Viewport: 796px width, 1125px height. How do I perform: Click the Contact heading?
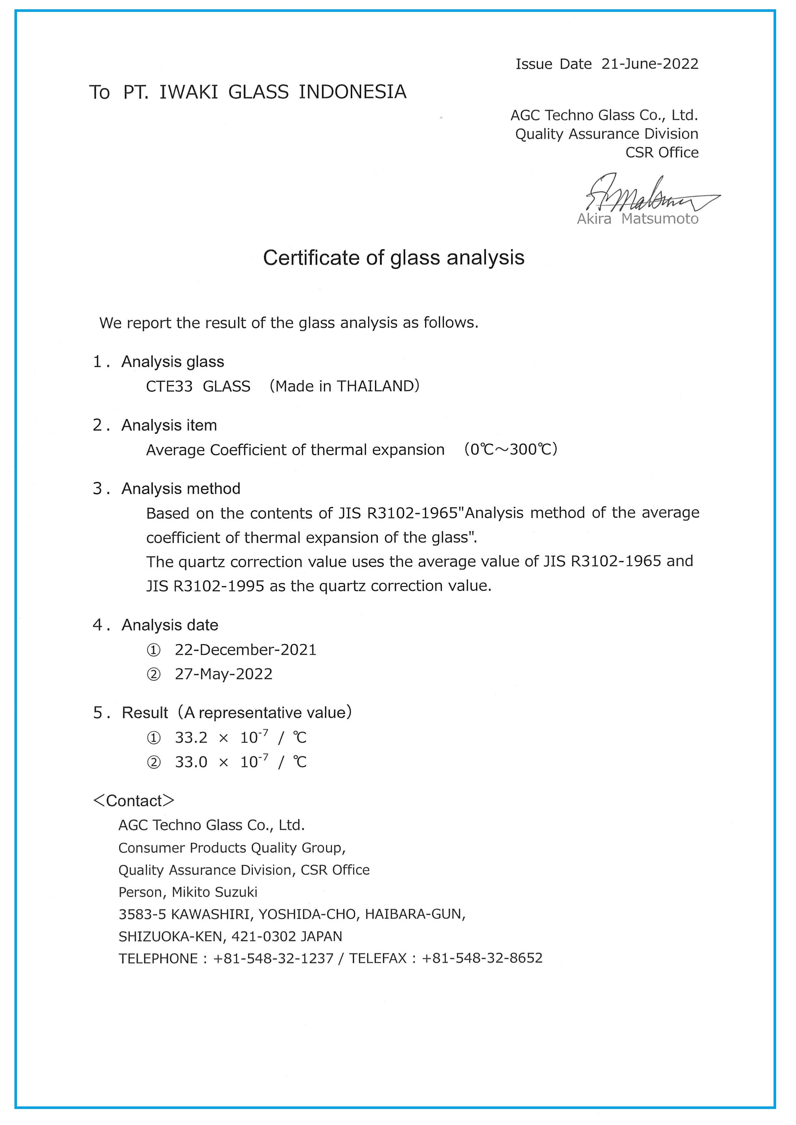click(133, 801)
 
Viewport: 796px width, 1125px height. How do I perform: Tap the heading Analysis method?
click(181, 489)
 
